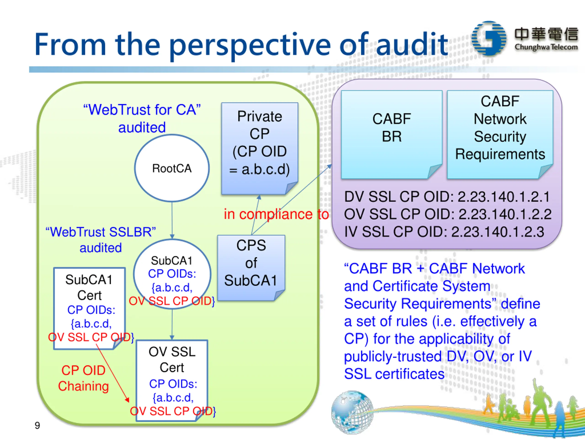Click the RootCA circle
tap(172, 168)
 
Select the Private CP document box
tap(260, 148)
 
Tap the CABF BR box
tap(392, 135)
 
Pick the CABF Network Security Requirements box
tap(500, 135)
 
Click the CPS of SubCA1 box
tap(251, 268)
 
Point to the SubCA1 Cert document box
tap(89, 308)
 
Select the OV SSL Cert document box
tap(172, 380)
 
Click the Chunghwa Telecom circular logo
tap(489, 38)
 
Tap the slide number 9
tap(37, 426)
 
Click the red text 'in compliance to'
tap(276, 214)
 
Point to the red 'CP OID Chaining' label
tap(83, 378)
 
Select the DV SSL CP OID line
tap(447, 197)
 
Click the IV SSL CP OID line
tap(444, 232)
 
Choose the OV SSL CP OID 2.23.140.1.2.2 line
tap(448, 214)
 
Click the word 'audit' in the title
tap(412, 44)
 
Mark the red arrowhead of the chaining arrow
tap(127, 400)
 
